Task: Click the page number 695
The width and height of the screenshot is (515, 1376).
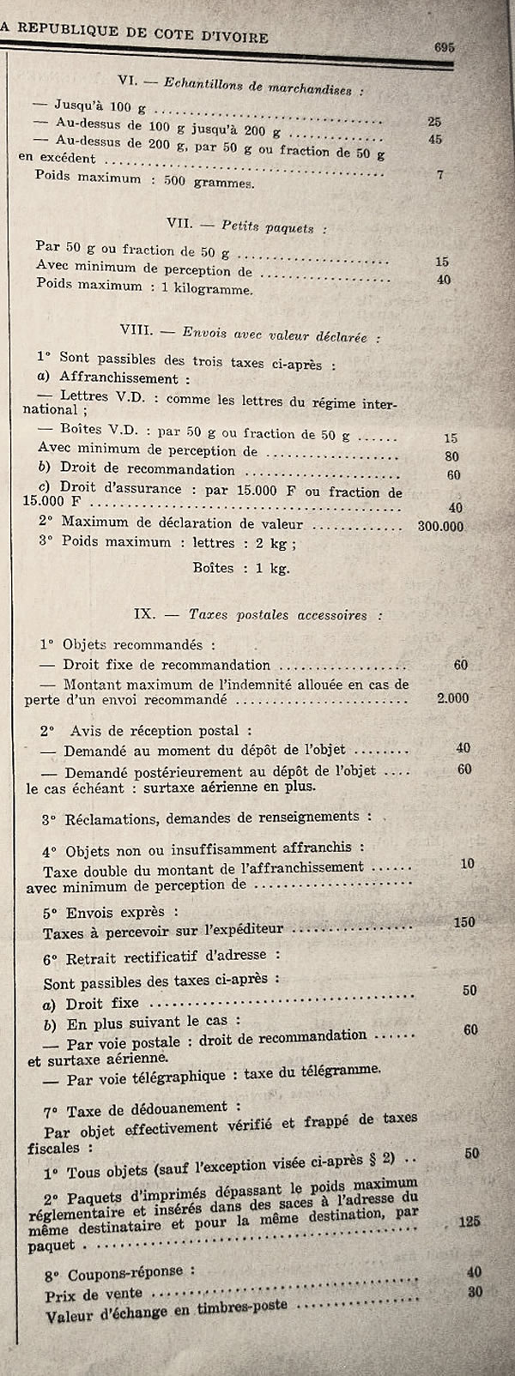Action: point(444,48)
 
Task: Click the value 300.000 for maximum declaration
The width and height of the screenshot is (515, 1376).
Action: point(440,526)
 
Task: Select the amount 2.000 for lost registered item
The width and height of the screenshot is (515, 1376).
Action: point(452,697)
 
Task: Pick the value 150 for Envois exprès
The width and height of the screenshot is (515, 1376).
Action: point(463,922)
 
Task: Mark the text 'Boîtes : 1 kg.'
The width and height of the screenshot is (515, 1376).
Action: point(241,567)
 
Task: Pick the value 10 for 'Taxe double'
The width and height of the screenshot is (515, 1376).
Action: point(467,863)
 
